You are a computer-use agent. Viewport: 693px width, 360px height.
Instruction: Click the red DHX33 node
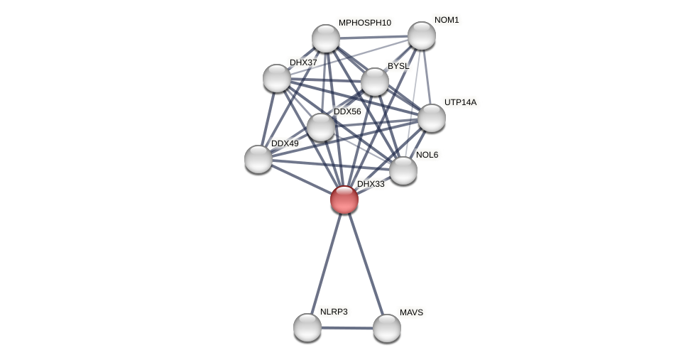(344, 200)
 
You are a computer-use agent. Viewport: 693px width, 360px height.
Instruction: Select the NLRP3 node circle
(307, 327)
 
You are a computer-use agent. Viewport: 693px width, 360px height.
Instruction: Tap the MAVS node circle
(387, 328)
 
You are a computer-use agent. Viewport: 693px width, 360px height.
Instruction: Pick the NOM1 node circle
(422, 36)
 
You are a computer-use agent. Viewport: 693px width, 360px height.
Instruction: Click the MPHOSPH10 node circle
(326, 38)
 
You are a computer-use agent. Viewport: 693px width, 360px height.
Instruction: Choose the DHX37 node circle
(277, 78)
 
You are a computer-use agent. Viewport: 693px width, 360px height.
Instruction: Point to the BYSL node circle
(375, 82)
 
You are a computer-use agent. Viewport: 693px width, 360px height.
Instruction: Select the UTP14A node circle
(432, 118)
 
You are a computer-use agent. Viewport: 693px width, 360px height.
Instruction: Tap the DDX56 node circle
(321, 127)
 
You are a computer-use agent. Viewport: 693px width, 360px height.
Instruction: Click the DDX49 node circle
(258, 159)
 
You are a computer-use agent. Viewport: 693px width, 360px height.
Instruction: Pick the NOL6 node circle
(403, 170)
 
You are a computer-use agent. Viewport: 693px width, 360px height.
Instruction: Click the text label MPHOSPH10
(364, 23)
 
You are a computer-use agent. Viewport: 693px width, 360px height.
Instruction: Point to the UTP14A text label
(460, 102)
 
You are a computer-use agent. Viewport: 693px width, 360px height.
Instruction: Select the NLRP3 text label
(334, 312)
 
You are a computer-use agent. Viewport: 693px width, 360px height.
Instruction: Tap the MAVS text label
(411, 312)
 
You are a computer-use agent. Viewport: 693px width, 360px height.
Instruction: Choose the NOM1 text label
(447, 20)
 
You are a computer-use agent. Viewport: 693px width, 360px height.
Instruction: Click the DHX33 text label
(371, 184)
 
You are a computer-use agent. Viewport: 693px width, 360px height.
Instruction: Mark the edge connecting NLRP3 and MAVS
(347, 328)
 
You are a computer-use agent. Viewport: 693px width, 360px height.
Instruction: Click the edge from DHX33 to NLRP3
(326, 263)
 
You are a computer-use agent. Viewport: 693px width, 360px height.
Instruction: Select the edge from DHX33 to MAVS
(366, 263)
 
